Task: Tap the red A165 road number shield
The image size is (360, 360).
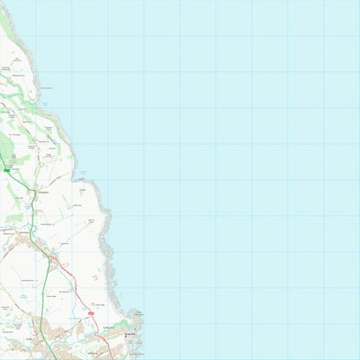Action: click(91, 312)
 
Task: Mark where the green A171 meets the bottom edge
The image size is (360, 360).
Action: click(55, 359)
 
